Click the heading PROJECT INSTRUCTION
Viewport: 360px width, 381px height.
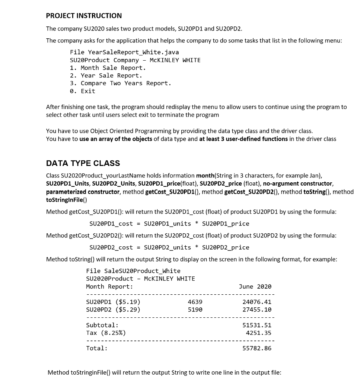84,16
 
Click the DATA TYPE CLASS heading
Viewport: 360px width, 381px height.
83,163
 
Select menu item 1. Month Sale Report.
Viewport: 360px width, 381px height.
108,68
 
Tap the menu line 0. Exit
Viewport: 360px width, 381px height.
83,91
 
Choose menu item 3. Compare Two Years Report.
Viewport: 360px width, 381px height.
121,83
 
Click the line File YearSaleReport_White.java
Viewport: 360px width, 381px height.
124,52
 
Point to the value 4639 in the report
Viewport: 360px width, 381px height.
195,302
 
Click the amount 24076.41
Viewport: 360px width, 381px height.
257,302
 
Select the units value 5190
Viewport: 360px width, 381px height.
195,310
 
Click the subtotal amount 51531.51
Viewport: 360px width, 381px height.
257,325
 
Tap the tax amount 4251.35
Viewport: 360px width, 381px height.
258,333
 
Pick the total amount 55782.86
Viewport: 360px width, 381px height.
257,348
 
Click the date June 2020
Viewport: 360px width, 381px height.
255,286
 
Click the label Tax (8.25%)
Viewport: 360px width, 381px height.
106,333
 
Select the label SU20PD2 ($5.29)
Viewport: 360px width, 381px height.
113,310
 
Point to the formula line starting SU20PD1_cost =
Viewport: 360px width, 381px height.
169,224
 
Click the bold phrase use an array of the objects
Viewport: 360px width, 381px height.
116,139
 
